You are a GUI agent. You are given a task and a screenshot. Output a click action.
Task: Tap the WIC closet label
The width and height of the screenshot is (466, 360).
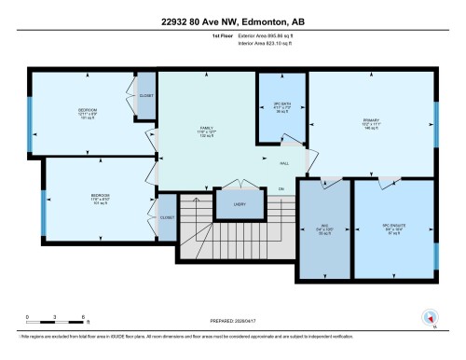tap(323, 224)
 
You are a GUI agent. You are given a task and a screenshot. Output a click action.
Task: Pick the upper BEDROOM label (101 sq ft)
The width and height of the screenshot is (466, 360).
tap(88, 113)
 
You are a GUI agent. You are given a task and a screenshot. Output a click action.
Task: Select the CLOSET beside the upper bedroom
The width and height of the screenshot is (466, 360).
tap(145, 96)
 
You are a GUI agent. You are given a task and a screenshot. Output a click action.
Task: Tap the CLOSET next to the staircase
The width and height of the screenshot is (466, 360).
tap(167, 217)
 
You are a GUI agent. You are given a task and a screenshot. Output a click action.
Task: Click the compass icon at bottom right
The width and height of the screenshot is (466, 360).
tap(430, 318)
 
